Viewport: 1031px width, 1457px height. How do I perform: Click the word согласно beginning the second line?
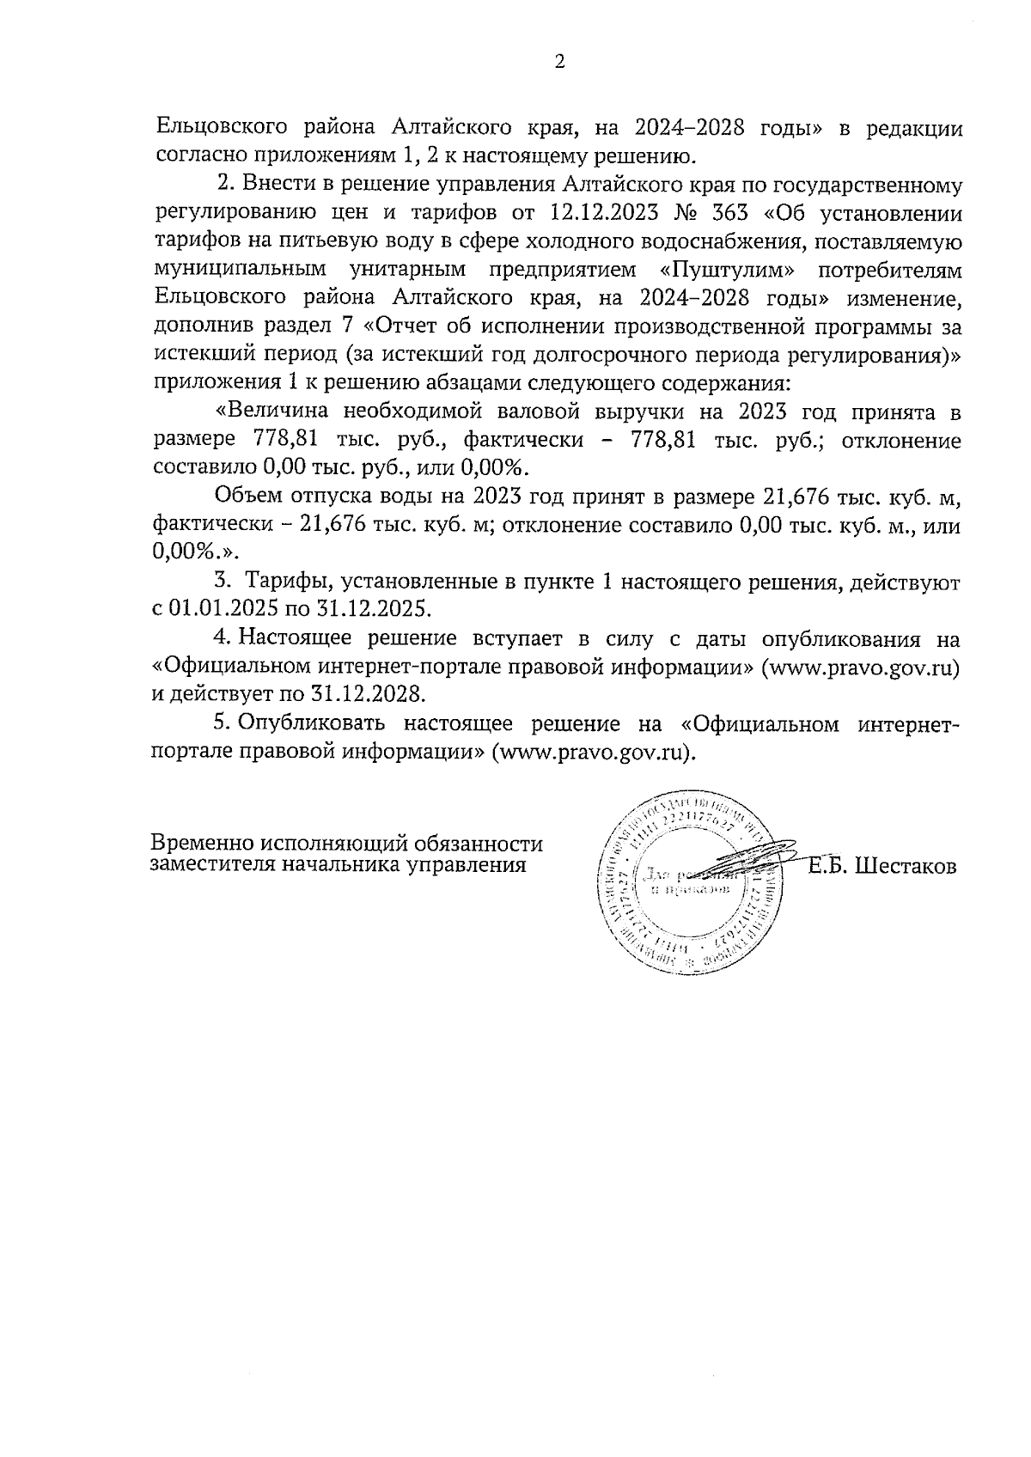coord(201,155)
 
